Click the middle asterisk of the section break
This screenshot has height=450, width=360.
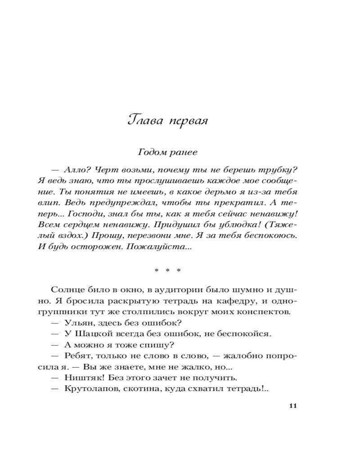167,271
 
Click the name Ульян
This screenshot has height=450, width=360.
76,323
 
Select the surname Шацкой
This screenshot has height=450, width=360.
96,334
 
